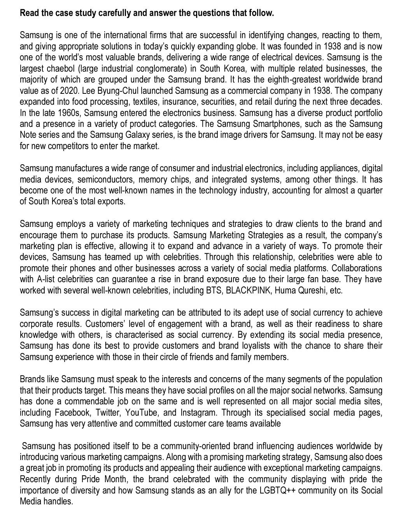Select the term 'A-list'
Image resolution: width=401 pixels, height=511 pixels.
click(47, 279)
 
